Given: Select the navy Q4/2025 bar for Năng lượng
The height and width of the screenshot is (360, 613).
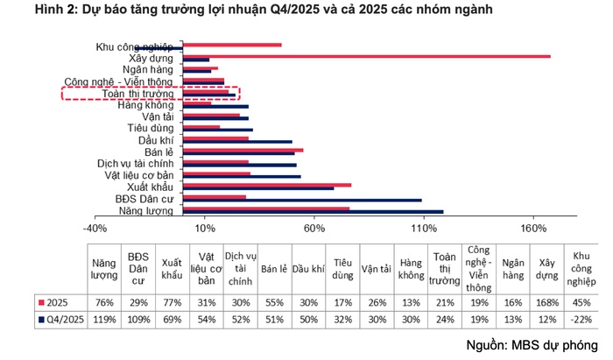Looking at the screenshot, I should [x=313, y=212].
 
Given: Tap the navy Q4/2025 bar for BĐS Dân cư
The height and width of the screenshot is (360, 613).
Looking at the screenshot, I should [x=302, y=200].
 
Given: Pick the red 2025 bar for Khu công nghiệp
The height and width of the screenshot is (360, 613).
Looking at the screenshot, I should [x=232, y=44].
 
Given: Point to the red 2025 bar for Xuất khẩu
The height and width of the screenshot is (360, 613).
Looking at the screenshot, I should [x=267, y=185].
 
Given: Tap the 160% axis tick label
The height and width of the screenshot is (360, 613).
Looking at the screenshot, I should [x=532, y=228].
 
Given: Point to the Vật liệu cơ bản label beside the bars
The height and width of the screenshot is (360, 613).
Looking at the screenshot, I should [x=140, y=175].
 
